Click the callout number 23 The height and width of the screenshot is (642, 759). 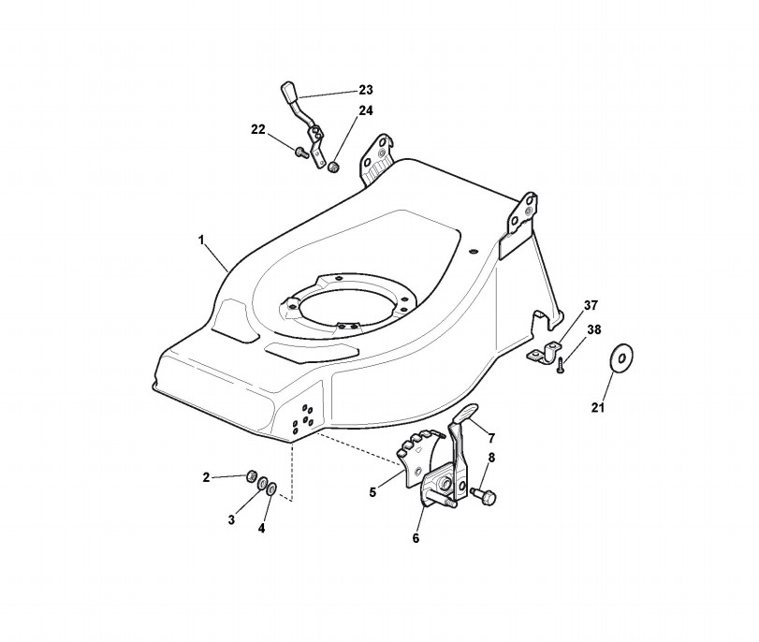tap(366, 90)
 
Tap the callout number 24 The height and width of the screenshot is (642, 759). tap(366, 110)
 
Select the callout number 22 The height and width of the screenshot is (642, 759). tap(258, 130)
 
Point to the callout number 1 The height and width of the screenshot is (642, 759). tap(201, 241)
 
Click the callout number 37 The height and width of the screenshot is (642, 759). tap(591, 305)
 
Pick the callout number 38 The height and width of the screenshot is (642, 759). tap(594, 329)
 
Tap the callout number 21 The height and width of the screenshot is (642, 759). tap(598, 408)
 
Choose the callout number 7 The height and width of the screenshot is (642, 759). tap(491, 439)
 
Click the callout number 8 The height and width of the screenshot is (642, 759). tap(491, 458)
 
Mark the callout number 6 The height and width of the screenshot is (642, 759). tap(416, 538)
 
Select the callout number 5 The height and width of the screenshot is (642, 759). tap(372, 492)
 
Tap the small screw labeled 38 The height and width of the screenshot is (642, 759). tap(560, 365)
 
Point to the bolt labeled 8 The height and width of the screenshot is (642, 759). tap(484, 495)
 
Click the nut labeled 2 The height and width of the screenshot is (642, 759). tap(251, 476)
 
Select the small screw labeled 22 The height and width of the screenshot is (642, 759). tap(301, 153)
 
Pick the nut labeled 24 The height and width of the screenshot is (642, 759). tap(332, 168)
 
